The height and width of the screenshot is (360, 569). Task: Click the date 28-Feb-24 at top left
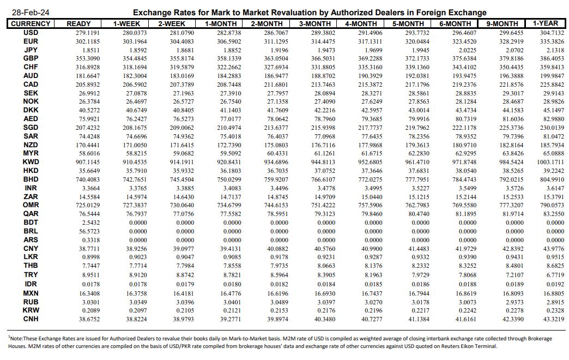coord(28,13)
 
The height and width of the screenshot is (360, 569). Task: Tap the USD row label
coord(31,32)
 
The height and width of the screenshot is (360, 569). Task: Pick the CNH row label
coord(31,318)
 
